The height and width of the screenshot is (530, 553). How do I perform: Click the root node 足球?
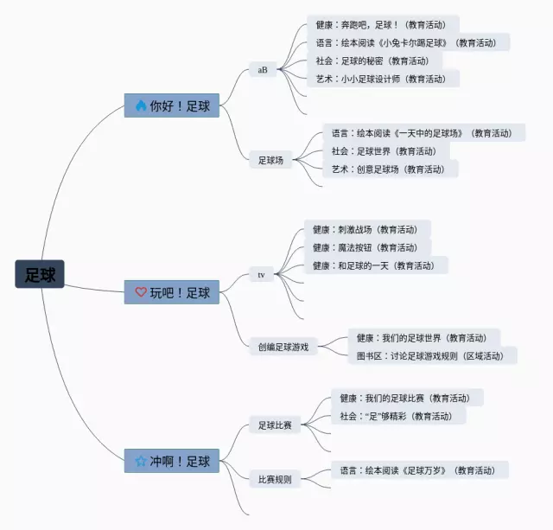point(40,275)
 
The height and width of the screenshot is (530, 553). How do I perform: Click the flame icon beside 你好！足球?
point(141,106)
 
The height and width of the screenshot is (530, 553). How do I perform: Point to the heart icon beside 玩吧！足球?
point(141,292)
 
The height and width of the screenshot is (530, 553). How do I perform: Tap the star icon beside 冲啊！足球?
point(141,461)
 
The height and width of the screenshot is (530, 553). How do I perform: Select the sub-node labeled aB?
point(263,69)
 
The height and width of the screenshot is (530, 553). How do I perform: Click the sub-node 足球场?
point(270,159)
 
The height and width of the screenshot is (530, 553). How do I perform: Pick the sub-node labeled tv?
point(261,275)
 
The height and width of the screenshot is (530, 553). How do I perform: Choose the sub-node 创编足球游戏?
point(283,347)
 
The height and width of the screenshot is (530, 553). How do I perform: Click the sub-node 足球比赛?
point(275,425)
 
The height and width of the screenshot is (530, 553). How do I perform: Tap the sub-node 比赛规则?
point(275,479)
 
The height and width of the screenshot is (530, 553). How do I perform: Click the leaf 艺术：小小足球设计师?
point(381,79)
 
